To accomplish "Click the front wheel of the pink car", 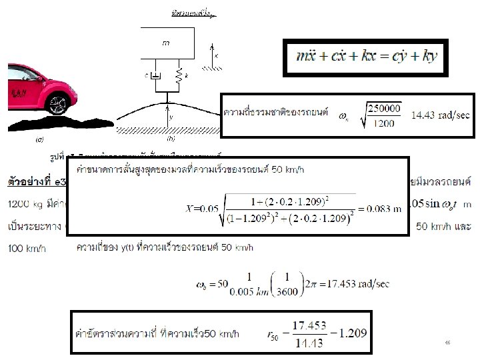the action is tap(58, 105).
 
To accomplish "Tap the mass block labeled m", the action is tap(167, 43).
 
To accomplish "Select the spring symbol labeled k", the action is tap(178, 77).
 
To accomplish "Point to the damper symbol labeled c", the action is tap(156, 77).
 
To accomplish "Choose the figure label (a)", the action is tap(39, 140).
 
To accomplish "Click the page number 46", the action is tap(448, 342).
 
